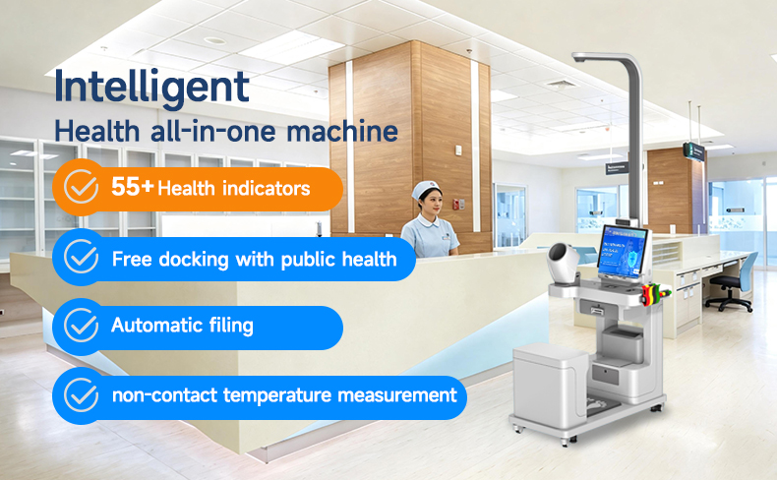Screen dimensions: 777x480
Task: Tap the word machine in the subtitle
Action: (x=342, y=131)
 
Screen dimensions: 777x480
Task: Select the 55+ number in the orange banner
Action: (x=133, y=187)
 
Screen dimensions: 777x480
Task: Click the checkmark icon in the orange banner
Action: (x=81, y=186)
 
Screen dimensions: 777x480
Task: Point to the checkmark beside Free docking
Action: (x=81, y=256)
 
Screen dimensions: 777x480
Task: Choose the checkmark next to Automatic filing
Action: (x=81, y=325)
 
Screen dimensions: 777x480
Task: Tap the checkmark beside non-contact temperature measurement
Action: (x=81, y=394)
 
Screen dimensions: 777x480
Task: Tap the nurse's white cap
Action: (x=426, y=189)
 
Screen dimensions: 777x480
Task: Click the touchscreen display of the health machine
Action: (x=623, y=252)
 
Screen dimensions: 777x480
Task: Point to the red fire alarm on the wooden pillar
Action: (x=455, y=203)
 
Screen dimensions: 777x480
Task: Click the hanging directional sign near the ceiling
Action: (x=693, y=151)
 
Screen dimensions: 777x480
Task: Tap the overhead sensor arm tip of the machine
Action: (x=580, y=57)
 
